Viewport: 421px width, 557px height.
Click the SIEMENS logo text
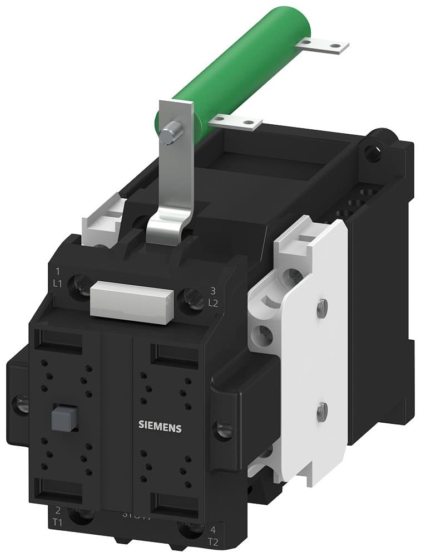160,427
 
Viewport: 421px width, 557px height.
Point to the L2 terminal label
212,303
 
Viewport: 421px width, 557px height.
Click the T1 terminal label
58,524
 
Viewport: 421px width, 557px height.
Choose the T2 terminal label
213,541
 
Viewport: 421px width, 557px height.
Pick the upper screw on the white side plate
321,306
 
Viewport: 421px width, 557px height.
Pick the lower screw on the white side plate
321,412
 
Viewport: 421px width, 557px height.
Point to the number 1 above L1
58,272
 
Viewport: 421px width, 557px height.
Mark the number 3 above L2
212,290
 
